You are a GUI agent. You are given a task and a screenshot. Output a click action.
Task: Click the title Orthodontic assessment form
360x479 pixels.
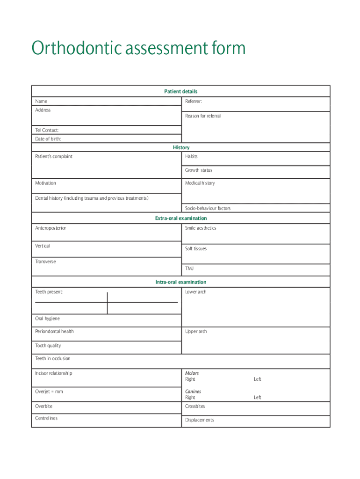tap(138, 48)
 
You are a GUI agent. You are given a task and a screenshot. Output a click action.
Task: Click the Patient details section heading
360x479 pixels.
tap(180, 92)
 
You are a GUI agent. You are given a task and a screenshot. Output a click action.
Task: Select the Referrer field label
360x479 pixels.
tap(194, 101)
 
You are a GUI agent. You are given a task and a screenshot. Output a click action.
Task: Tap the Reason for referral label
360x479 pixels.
tap(202, 116)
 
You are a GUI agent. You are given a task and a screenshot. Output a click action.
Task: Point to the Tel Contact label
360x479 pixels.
tap(47, 130)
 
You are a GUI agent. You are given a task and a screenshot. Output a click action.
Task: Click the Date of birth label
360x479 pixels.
tap(48, 139)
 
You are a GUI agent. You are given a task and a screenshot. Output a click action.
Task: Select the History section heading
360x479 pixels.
tap(181, 147)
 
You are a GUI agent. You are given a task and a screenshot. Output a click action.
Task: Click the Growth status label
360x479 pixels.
tap(198, 170)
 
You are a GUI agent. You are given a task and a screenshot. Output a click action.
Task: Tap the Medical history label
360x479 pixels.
tap(200, 183)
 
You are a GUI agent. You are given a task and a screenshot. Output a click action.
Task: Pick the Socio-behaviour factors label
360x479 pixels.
tap(208, 208)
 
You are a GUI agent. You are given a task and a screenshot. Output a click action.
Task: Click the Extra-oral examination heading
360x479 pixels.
tap(181, 218)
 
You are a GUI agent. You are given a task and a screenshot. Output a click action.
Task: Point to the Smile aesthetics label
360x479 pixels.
tap(201, 228)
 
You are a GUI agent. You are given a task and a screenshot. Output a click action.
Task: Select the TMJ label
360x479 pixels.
tap(189, 269)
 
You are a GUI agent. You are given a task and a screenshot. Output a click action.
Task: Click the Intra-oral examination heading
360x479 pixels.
tap(181, 282)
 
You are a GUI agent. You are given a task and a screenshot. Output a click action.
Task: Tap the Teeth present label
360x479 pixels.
tap(49, 292)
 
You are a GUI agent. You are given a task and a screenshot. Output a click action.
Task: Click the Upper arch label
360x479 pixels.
tap(196, 332)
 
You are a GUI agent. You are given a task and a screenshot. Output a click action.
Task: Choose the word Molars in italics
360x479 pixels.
tap(192, 373)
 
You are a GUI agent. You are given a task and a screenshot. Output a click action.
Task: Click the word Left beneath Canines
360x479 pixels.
tap(258, 398)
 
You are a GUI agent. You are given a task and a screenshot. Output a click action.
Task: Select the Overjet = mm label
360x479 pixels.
tap(49, 392)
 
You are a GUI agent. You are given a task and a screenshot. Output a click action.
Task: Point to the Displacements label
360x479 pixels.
tap(199, 420)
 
